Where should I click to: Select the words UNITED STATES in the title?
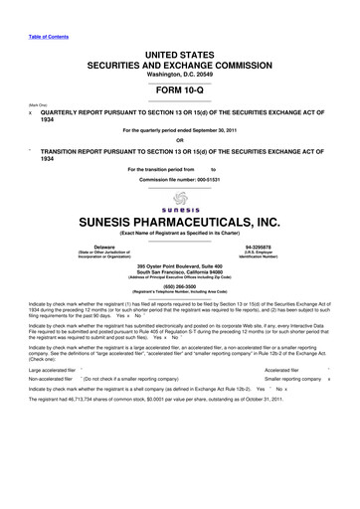180,34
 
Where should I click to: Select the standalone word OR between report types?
180,139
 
